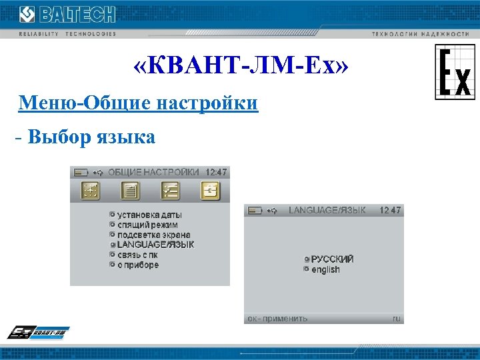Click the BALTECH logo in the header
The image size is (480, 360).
[x=67, y=15]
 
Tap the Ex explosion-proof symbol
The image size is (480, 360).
[x=455, y=72]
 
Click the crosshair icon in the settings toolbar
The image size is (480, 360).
[x=90, y=191]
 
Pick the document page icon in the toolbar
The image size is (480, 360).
[x=130, y=191]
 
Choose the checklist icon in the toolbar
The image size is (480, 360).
[x=170, y=191]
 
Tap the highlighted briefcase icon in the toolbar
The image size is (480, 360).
[x=210, y=191]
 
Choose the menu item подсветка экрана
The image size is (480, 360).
[x=153, y=235]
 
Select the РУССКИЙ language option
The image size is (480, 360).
[x=332, y=259]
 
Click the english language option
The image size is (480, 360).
[x=325, y=269]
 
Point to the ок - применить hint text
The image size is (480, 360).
[x=277, y=318]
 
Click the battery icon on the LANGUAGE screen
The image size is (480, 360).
[x=255, y=211]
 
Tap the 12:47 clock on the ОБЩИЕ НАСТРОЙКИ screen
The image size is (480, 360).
[x=215, y=171]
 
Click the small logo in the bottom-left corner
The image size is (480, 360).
[x=39, y=333]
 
